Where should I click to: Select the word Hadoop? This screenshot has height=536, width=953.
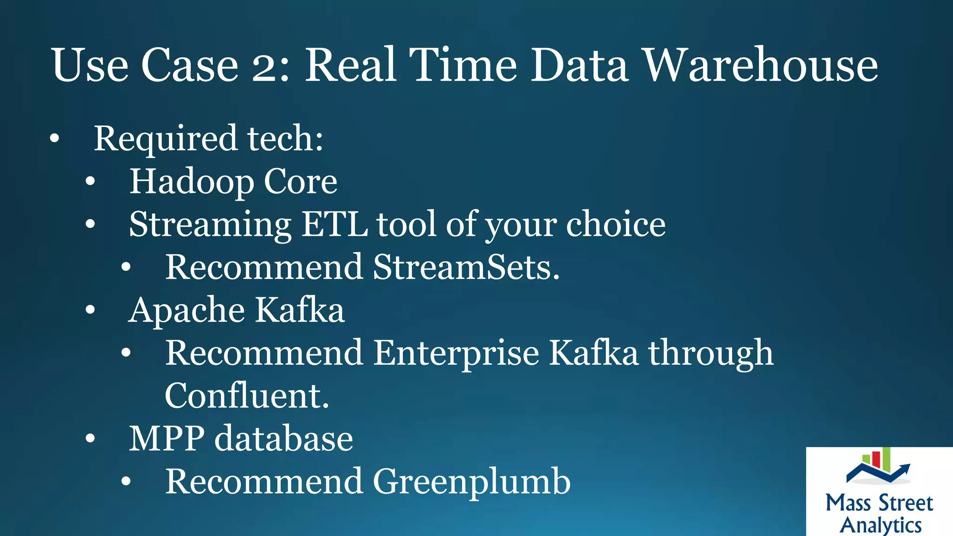191,181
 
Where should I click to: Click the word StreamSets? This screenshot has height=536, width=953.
466,268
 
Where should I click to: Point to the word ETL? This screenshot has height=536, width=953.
334,224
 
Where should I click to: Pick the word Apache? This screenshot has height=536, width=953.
187,310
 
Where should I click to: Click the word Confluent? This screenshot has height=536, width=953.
247,396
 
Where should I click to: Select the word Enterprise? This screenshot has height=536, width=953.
456,353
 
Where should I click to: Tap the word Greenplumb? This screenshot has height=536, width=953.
471,482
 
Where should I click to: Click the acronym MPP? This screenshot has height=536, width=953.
166,439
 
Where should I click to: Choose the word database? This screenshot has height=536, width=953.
283,439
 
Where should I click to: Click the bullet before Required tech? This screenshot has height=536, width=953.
55,139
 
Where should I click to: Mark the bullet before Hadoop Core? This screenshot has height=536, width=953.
90,181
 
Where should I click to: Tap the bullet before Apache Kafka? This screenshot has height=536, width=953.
90,310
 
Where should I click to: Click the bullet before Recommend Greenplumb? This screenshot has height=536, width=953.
126,482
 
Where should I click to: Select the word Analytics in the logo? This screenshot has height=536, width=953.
880,525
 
